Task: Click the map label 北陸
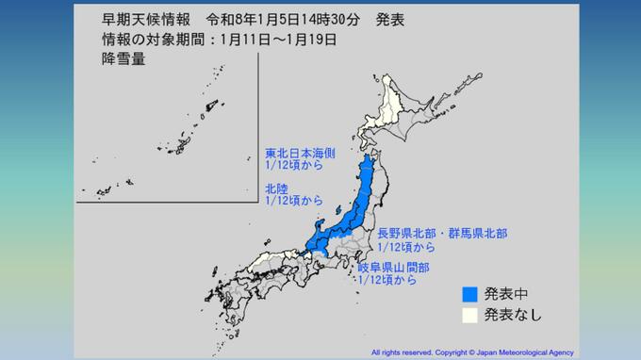tap(276, 187)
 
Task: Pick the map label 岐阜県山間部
tap(394, 268)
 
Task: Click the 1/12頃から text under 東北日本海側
tap(293, 165)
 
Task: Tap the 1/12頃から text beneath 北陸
tap(293, 201)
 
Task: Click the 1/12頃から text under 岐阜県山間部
tap(386, 281)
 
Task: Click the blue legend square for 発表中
tap(473, 293)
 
